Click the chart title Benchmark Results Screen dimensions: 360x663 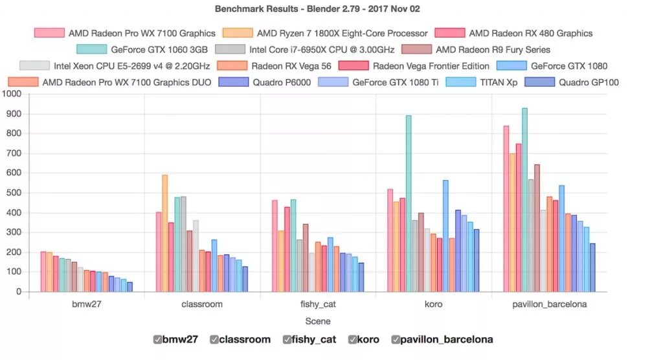point(317,9)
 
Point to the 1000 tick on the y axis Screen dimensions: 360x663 point(12,95)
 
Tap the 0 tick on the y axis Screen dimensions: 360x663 point(19,292)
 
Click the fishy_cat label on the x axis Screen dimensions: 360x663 point(318,304)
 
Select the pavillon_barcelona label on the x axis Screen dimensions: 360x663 point(548,304)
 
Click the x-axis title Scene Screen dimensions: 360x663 point(318,321)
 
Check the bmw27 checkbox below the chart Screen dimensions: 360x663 point(158,339)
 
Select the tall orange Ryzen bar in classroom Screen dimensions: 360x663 point(165,233)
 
